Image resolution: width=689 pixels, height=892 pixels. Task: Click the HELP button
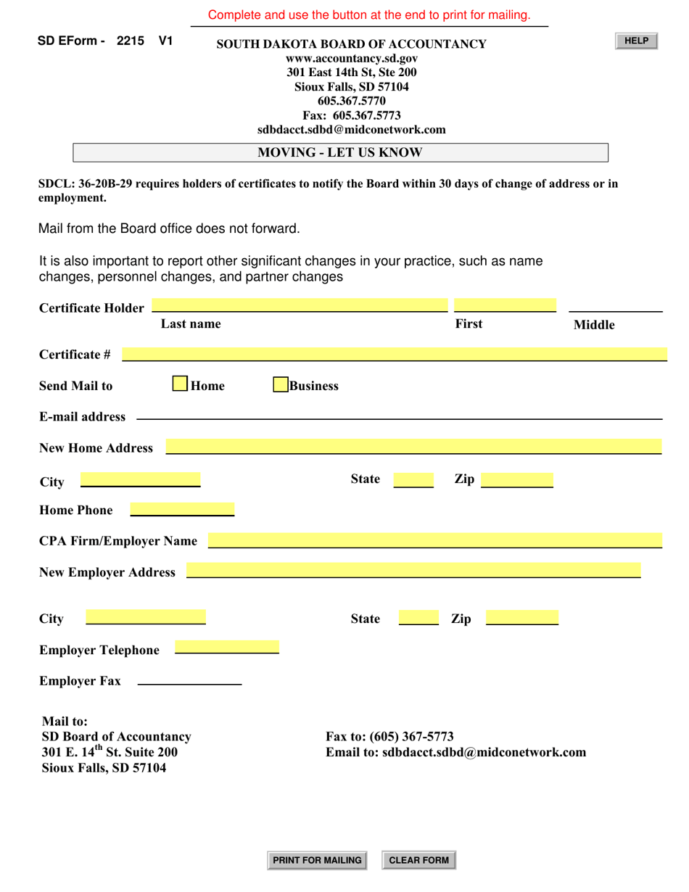point(636,41)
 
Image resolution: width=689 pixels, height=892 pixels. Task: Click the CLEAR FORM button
point(418,860)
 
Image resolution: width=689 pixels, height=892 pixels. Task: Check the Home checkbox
point(180,384)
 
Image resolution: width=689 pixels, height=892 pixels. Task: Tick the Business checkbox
point(281,384)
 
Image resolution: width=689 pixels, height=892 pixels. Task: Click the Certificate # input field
point(394,354)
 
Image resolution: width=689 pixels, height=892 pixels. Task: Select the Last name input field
point(300,305)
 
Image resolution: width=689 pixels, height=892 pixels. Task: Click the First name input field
point(505,305)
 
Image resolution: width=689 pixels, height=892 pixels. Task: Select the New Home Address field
point(413,447)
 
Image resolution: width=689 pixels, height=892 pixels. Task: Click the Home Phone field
point(182,509)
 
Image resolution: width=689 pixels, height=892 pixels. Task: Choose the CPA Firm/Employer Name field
point(434,540)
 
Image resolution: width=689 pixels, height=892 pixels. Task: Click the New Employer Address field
point(413,571)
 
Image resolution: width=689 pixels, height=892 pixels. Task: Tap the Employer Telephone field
point(227,648)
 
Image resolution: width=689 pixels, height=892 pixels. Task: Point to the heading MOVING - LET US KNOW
point(340,152)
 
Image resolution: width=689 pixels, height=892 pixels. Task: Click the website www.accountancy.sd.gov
point(352,59)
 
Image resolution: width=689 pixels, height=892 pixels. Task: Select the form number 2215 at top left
point(130,41)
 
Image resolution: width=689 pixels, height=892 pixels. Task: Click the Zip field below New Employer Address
point(521,618)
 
